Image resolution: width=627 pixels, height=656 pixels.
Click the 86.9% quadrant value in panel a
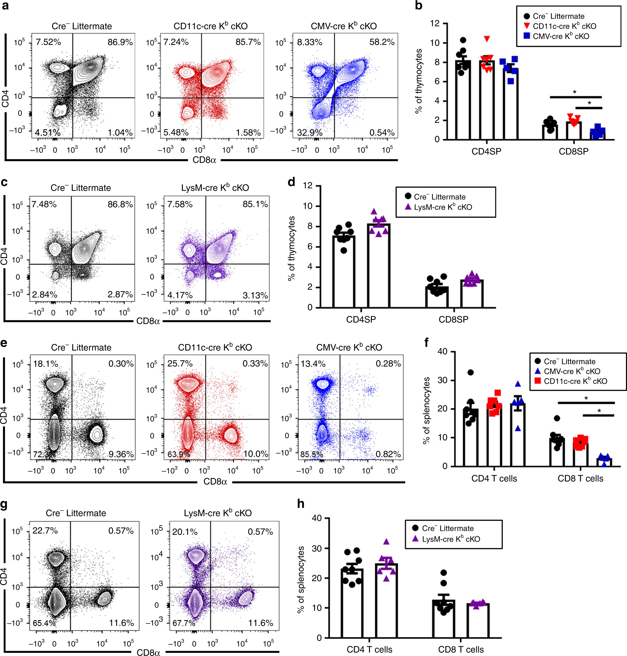pyautogui.click(x=120, y=42)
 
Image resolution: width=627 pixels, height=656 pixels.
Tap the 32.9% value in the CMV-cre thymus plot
pyautogui.click(x=310, y=133)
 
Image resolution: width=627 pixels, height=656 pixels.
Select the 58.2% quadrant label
pyautogui.click(x=382, y=42)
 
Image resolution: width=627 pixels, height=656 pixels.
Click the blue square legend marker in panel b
pyautogui.click(x=527, y=36)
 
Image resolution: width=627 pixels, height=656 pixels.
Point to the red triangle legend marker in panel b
pyautogui.click(x=527, y=26)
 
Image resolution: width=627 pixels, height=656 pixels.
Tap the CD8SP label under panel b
pyautogui.click(x=574, y=152)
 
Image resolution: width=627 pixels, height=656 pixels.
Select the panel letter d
pyautogui.click(x=291, y=182)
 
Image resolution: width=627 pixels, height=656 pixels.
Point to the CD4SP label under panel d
pyautogui.click(x=361, y=319)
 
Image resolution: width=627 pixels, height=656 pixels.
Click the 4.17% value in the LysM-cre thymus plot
pyautogui.click(x=180, y=295)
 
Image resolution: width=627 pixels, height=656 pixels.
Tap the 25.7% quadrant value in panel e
pyautogui.click(x=180, y=364)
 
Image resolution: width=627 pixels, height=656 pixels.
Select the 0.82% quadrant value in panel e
pyautogui.click(x=388, y=454)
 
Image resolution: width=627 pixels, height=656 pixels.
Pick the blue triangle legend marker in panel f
pyautogui.click(x=537, y=371)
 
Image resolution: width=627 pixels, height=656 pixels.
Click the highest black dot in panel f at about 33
pyautogui.click(x=471, y=372)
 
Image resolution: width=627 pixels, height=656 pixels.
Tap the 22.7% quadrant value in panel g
pyautogui.click(x=45, y=531)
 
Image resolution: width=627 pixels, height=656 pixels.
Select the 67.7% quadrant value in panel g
pyautogui.click(x=184, y=623)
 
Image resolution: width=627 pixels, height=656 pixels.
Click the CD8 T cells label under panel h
pyautogui.click(x=461, y=649)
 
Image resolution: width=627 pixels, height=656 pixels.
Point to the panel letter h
pyautogui.click(x=301, y=504)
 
